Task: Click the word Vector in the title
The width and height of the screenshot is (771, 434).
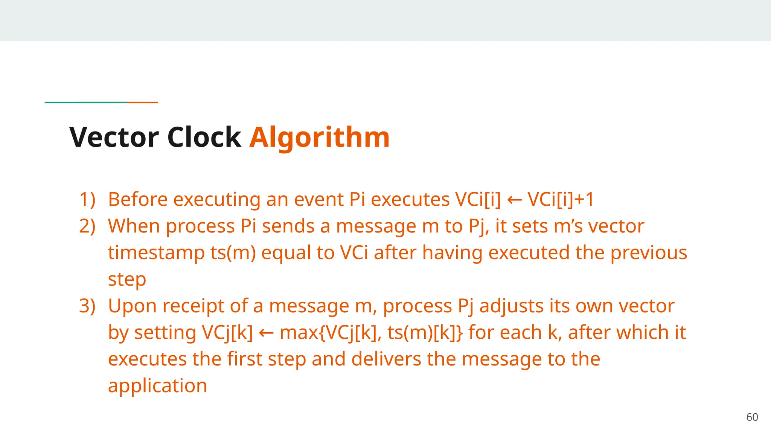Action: [114, 137]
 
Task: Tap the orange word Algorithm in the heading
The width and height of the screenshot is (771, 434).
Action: [319, 137]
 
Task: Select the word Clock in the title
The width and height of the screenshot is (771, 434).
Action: [204, 137]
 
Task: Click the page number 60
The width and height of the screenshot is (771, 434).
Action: [752, 417]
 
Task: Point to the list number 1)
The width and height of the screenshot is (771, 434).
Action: [87, 199]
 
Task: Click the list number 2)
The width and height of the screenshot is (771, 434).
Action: [87, 226]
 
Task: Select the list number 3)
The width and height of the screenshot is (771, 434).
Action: [87, 306]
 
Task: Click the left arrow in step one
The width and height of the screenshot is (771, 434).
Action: [514, 200]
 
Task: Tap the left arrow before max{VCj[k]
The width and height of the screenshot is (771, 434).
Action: [266, 333]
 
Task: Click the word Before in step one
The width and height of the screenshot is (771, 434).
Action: [137, 199]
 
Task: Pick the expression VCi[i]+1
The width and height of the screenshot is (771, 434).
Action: [561, 199]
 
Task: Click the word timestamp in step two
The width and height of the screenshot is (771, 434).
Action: [156, 253]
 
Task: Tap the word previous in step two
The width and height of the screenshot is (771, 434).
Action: [649, 253]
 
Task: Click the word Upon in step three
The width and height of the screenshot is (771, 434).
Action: [132, 306]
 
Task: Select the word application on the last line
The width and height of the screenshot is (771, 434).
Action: [157, 386]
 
